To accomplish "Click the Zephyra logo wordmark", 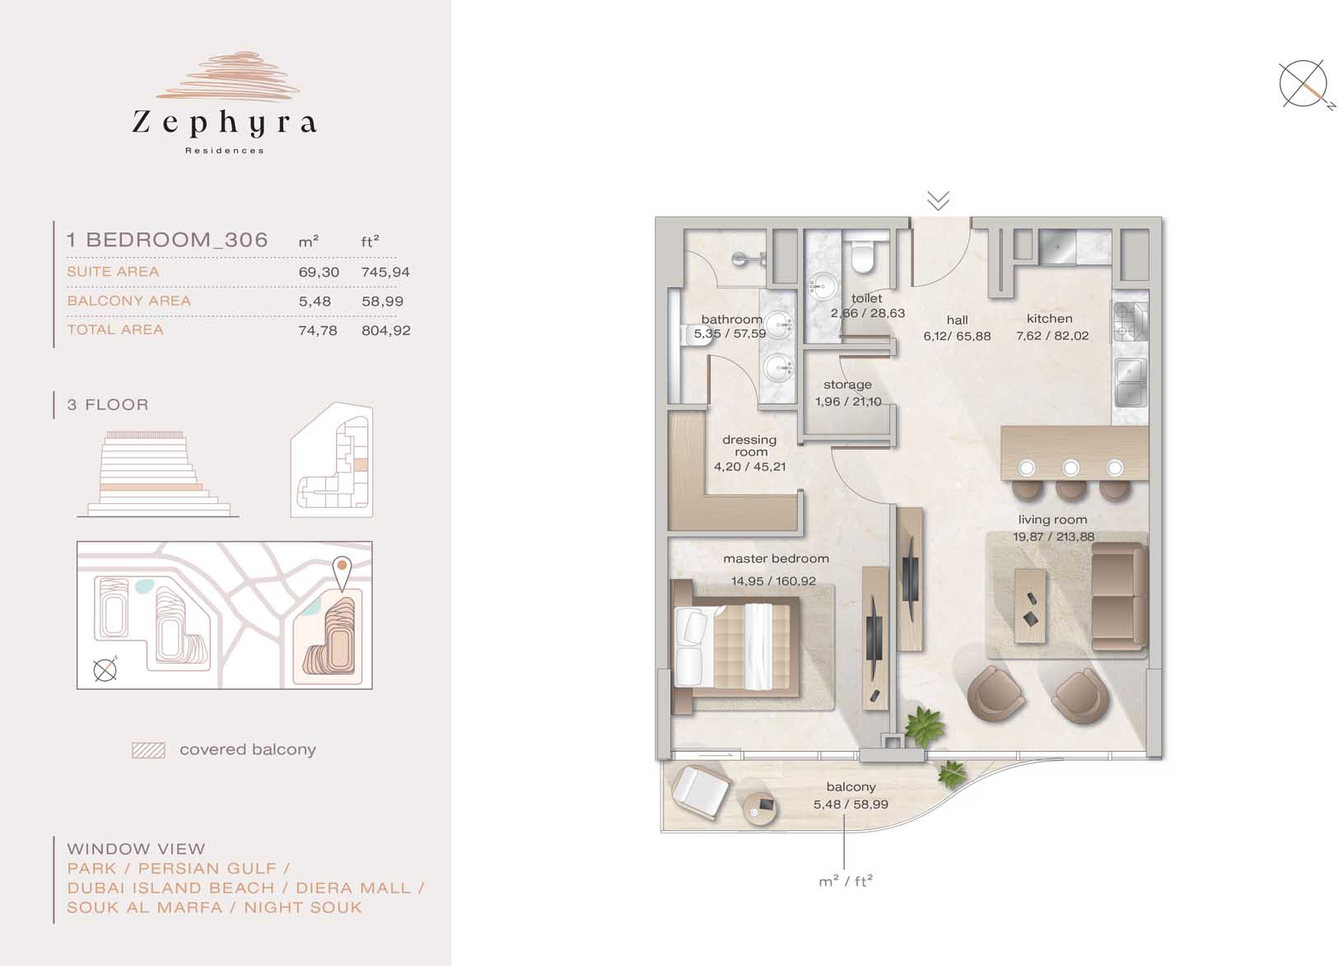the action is pyautogui.click(x=224, y=123).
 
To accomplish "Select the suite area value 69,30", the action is pyautogui.click(x=319, y=272).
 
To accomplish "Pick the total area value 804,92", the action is pyautogui.click(x=385, y=330).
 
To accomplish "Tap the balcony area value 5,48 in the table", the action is pyautogui.click(x=315, y=301).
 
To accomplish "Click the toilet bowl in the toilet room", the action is pyautogui.click(x=863, y=256).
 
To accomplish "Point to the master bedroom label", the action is pyautogui.click(x=776, y=558).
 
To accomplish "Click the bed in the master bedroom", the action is pyautogui.click(x=735, y=646).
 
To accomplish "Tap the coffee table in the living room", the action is pyautogui.click(x=1030, y=606).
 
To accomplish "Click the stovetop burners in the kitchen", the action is pyautogui.click(x=1130, y=322).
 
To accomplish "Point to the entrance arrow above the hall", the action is pyautogui.click(x=939, y=201).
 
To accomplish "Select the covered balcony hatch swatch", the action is pyautogui.click(x=148, y=750).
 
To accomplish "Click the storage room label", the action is pyautogui.click(x=847, y=385).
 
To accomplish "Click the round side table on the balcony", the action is pyautogui.click(x=760, y=809).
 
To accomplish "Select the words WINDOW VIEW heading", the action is pyautogui.click(x=137, y=849).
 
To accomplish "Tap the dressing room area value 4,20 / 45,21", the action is pyautogui.click(x=749, y=467).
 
